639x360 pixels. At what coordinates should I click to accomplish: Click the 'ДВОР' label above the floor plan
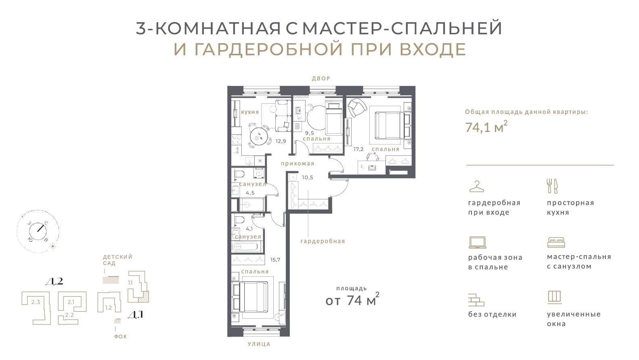coord(321,79)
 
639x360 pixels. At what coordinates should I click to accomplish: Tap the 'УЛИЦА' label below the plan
coord(259,344)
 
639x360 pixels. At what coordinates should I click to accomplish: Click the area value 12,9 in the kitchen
coord(281,141)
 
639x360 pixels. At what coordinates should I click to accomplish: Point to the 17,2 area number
coord(358,149)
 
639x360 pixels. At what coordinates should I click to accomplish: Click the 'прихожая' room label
coord(298,163)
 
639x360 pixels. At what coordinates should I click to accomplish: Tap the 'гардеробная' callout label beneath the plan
coord(323,241)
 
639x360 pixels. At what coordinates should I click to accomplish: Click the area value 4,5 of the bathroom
coord(250,193)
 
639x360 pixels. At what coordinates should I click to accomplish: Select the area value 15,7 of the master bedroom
coord(275,260)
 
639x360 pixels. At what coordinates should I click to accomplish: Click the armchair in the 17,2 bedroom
coord(357,107)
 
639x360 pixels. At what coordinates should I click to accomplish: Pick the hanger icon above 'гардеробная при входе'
coord(476,186)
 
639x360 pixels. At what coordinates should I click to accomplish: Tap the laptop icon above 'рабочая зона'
coord(477,243)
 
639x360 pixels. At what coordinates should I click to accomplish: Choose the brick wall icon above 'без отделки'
coord(476,300)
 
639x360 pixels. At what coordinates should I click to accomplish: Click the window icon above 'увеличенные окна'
coord(554,297)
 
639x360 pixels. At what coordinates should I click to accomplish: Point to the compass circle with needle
coord(38,231)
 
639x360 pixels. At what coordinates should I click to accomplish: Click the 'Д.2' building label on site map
coord(54,282)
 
